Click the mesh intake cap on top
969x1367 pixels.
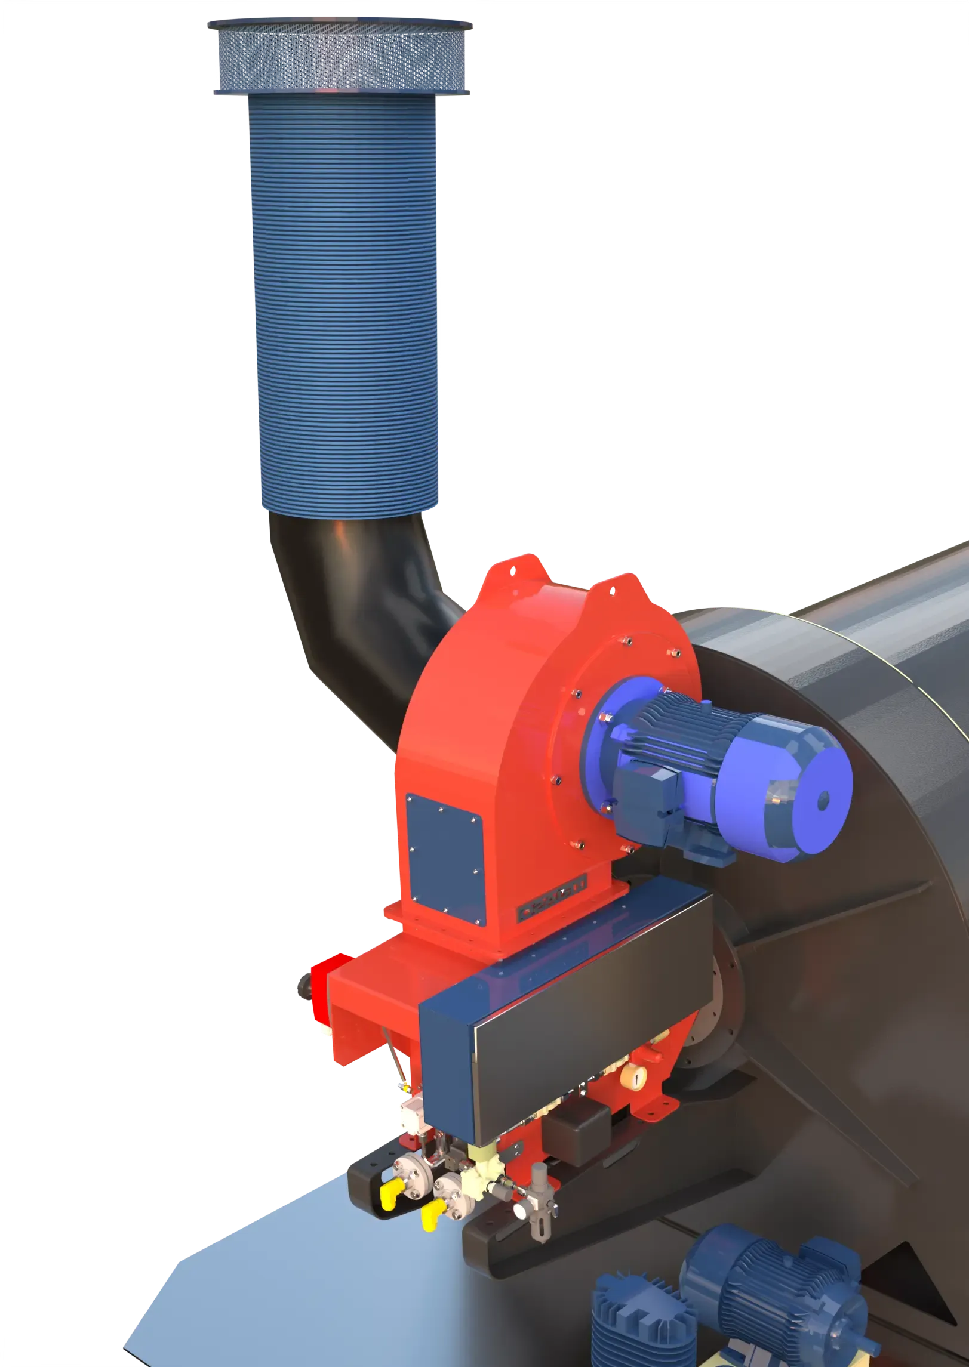[x=341, y=57]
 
